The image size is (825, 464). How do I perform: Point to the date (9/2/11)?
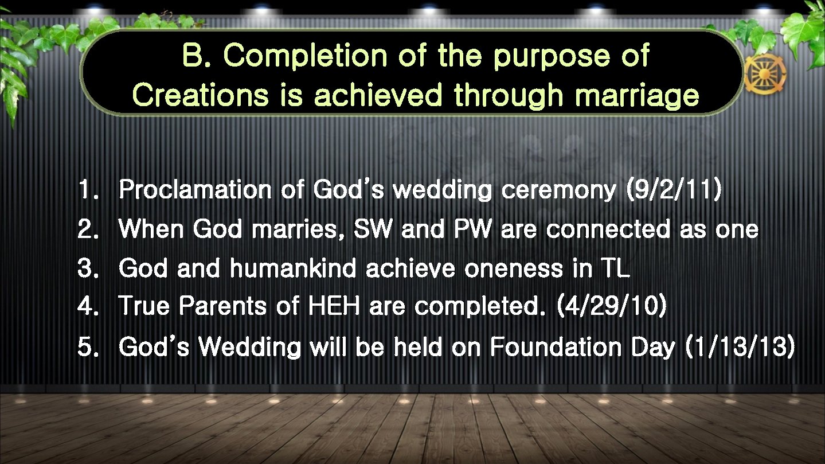click(x=674, y=190)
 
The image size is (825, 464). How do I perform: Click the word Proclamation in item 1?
click(x=195, y=190)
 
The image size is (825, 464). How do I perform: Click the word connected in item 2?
click(x=608, y=229)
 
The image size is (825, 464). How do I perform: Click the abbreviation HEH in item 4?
click(x=334, y=306)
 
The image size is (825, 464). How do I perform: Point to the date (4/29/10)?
click(x=611, y=306)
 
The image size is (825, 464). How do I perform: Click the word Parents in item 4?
click(x=222, y=306)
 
